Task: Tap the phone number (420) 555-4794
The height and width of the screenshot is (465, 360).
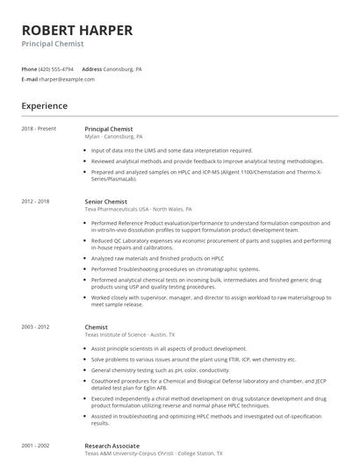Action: coord(57,68)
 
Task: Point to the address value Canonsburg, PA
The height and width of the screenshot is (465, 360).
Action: coord(124,68)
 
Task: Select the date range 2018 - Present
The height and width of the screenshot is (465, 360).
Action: coord(40,129)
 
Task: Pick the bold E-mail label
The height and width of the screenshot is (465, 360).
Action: coord(29,79)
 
